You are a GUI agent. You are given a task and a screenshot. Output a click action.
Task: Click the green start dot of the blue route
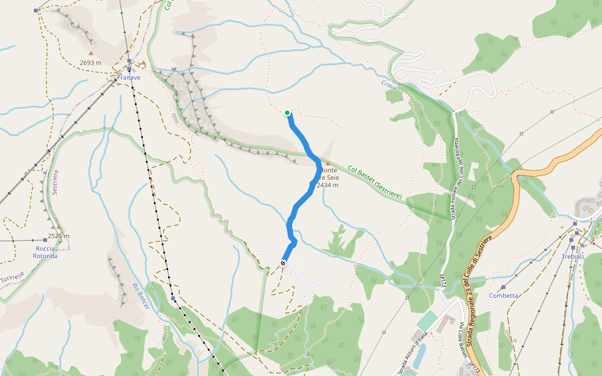[x=287, y=113]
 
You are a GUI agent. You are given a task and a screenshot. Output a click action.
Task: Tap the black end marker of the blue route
[x=283, y=263]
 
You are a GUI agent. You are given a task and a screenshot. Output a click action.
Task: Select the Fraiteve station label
[x=129, y=78]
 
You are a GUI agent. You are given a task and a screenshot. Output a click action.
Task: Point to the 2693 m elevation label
[x=91, y=63]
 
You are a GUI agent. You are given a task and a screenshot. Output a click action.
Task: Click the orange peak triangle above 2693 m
[x=90, y=53]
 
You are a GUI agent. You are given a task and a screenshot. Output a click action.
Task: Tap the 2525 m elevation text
[x=58, y=236]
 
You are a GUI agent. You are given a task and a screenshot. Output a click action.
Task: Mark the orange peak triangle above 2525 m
[x=58, y=227]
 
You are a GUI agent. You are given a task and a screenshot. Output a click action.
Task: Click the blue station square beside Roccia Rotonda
[x=45, y=240]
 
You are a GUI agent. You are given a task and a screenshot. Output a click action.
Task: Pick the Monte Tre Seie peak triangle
[x=327, y=163]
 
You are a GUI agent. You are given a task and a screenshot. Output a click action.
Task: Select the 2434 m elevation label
[x=328, y=185]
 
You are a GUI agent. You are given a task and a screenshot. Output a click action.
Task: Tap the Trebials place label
[x=573, y=256]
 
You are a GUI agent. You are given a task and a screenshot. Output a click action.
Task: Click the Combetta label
[x=504, y=296]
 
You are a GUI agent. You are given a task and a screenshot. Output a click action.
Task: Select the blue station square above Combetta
[x=503, y=287]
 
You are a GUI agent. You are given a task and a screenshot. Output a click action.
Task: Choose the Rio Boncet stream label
[x=140, y=292]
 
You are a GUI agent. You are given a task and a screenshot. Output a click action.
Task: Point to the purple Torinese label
[x=12, y=276]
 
